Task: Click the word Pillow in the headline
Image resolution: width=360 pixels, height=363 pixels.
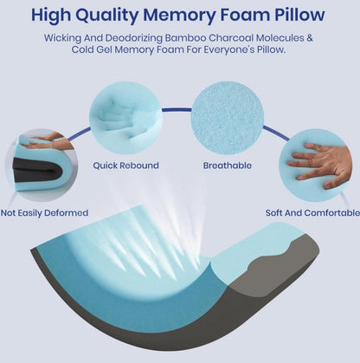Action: coord(297,15)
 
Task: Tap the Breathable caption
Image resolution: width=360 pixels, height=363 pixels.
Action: coord(227,164)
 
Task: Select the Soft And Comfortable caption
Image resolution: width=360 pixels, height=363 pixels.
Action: coord(312,212)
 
